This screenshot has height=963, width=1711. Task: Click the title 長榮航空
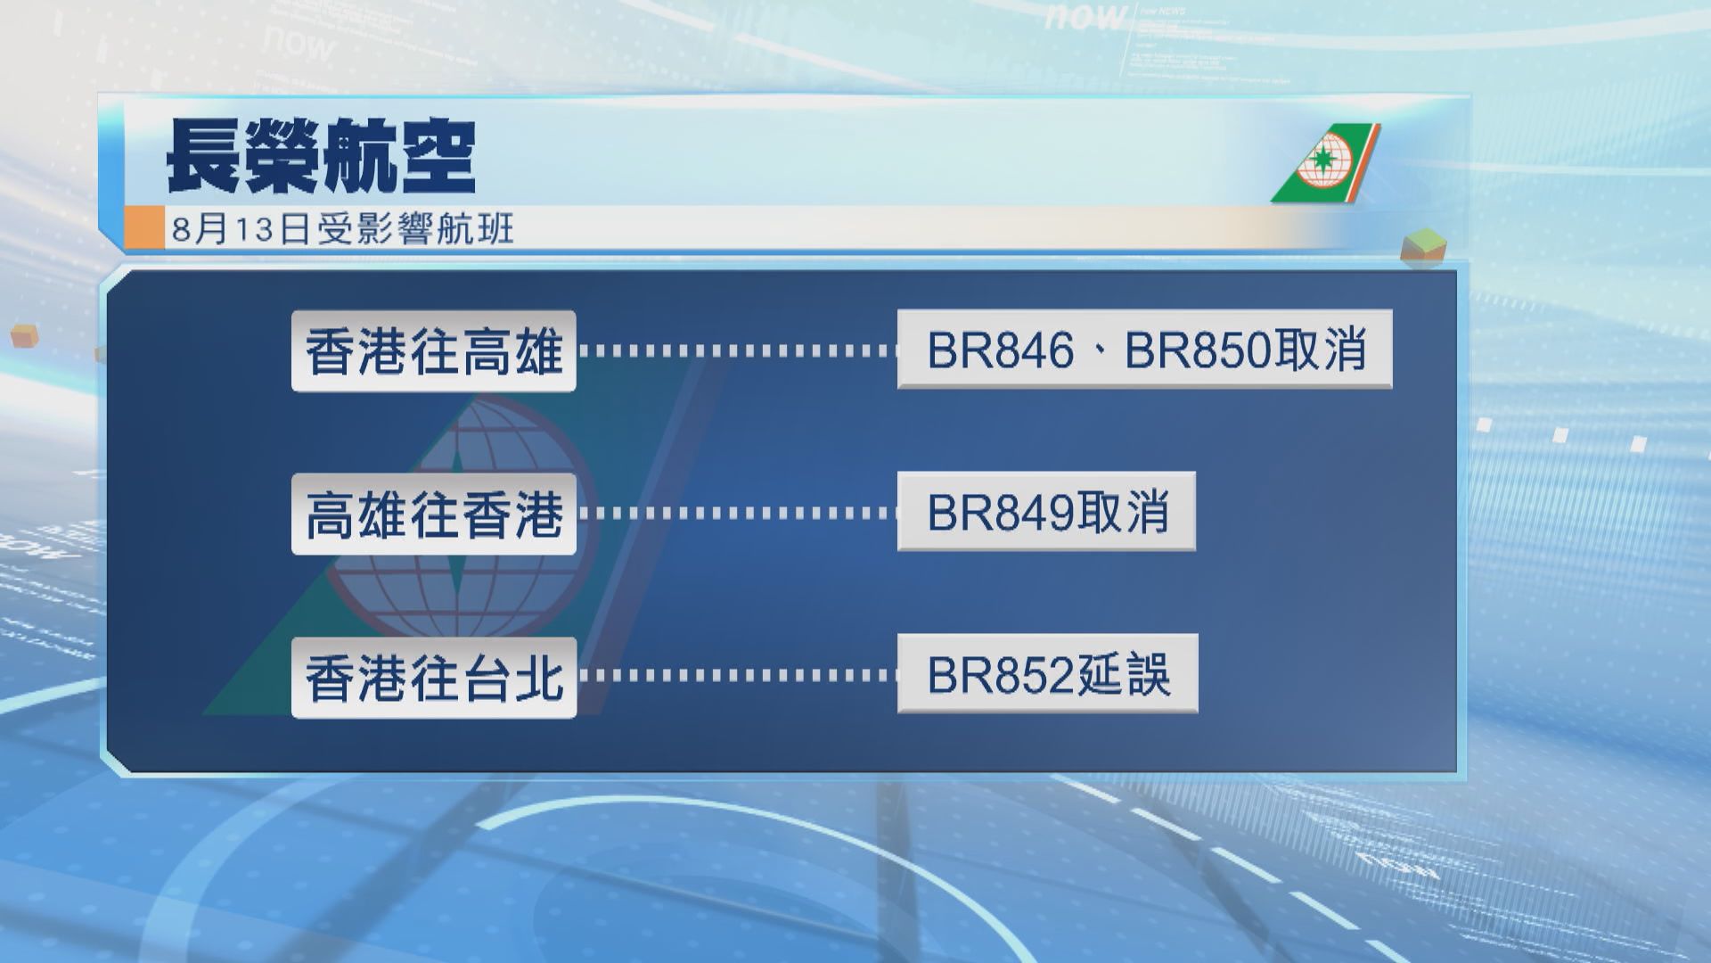click(x=321, y=158)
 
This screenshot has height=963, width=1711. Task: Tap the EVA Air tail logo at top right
click(x=1325, y=163)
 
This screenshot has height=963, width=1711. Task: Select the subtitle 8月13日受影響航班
click(x=343, y=229)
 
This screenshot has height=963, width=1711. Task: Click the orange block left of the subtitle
click(x=144, y=227)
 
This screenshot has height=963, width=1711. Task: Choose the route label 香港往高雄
click(x=434, y=351)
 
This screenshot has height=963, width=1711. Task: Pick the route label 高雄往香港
click(x=434, y=514)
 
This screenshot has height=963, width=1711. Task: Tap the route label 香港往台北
click(x=434, y=678)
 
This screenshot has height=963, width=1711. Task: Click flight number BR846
click(x=1001, y=350)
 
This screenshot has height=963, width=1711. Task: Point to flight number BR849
click(x=1001, y=512)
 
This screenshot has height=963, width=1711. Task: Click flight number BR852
click(x=1001, y=674)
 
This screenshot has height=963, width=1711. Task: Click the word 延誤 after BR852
click(x=1123, y=674)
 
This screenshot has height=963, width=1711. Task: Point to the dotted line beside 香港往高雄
click(x=737, y=351)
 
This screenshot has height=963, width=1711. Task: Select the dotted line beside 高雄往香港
click(x=737, y=514)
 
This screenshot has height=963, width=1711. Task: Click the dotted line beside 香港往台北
click(x=737, y=675)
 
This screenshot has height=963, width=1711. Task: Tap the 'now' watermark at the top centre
click(x=1086, y=15)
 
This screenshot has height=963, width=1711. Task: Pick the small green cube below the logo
click(x=1423, y=246)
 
